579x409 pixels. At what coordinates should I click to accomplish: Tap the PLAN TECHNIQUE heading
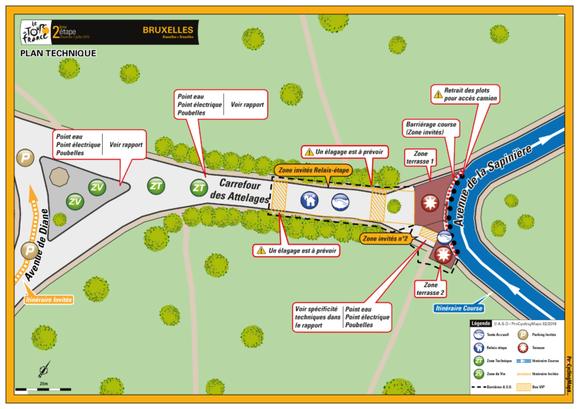58,53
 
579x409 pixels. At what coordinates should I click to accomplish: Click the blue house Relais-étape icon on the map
310,202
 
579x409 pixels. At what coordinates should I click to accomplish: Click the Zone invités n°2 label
386,238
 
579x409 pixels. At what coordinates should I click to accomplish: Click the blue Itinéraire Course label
458,309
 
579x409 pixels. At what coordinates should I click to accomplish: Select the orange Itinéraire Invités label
50,299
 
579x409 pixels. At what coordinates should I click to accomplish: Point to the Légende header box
481,324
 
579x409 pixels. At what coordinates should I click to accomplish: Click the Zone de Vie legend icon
478,374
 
